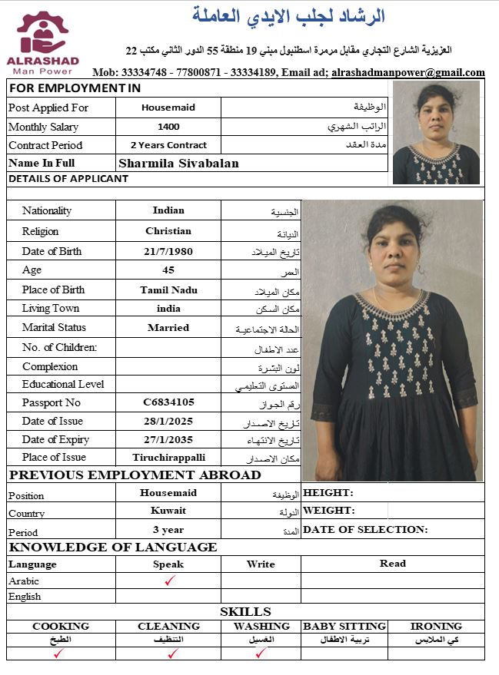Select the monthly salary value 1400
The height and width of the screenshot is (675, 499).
click(168, 127)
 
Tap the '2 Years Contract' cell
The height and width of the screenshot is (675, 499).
click(168, 145)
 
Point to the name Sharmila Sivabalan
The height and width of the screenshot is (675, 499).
click(178, 163)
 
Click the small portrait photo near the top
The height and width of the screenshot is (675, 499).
click(436, 132)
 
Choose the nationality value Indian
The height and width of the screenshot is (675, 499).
click(168, 210)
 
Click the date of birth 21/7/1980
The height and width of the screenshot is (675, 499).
click(168, 251)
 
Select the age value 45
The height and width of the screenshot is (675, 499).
click(168, 270)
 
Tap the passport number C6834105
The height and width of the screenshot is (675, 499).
click(168, 402)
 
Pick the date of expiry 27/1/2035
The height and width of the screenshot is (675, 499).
click(168, 439)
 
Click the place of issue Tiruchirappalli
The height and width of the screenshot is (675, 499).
click(168, 457)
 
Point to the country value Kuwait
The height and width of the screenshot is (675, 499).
click(168, 511)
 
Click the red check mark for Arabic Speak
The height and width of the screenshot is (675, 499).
click(169, 581)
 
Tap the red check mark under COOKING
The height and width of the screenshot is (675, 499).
click(59, 653)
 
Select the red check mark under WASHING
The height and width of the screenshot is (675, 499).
click(261, 653)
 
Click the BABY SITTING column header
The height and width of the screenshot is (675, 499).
click(344, 626)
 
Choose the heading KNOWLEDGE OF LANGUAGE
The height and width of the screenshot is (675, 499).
click(112, 548)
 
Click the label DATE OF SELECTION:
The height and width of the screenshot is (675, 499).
click(365, 529)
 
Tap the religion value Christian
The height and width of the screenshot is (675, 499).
click(168, 230)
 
